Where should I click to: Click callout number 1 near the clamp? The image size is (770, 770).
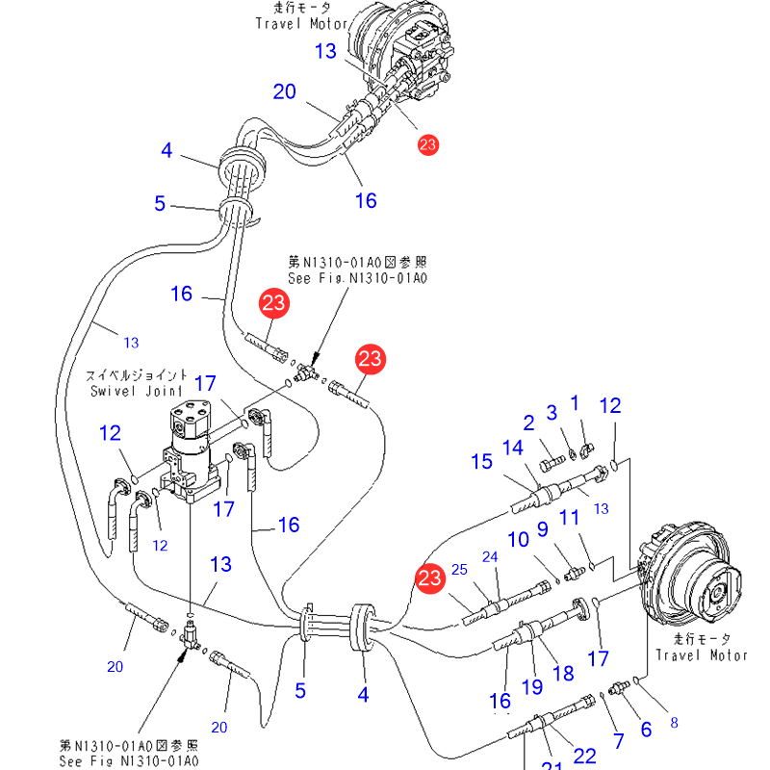coord(576,402)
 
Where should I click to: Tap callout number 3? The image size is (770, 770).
coord(552,412)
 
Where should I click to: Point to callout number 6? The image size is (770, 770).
coord(646,730)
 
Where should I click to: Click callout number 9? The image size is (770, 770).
coord(542,529)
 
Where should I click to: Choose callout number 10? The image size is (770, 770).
coord(519,540)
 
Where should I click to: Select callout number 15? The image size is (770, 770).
coord(481,462)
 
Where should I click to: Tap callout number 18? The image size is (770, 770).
coord(563,674)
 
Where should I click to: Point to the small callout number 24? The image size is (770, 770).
coord(490,557)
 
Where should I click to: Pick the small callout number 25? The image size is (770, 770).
coord(458,570)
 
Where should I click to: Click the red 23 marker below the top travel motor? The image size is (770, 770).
coord(427,145)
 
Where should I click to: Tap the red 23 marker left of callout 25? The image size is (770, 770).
coord(429,578)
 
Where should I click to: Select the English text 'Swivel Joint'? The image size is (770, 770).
coord(136,391)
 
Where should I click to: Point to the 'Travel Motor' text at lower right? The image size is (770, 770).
coord(702,655)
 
